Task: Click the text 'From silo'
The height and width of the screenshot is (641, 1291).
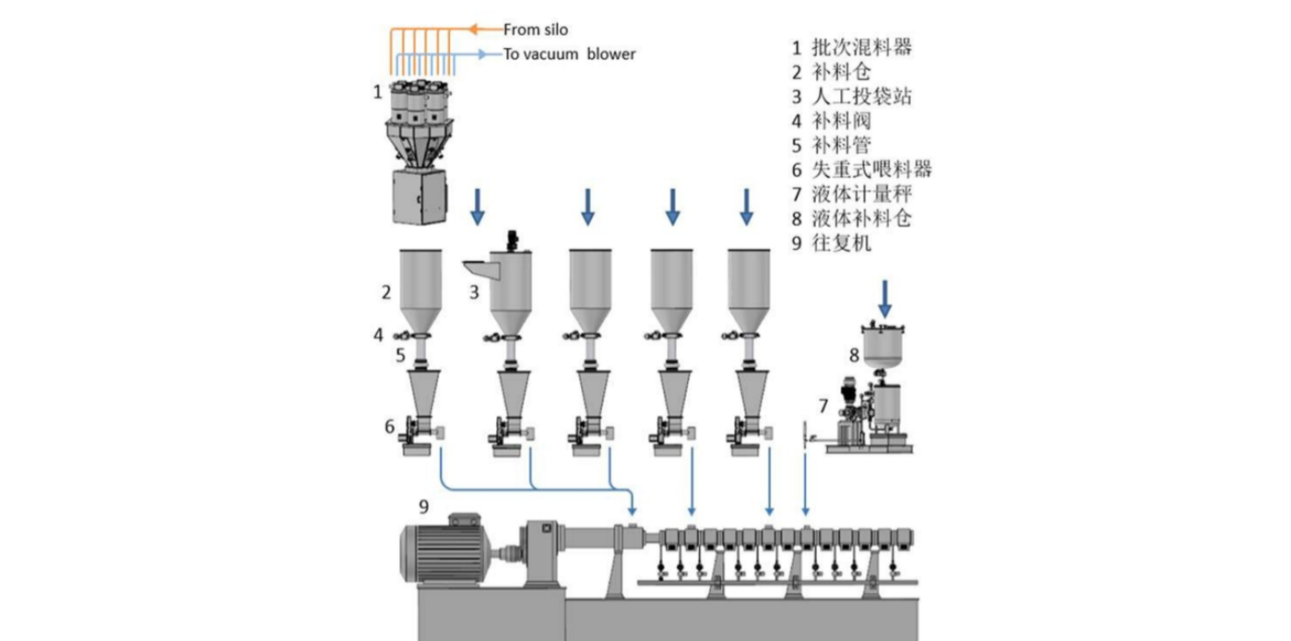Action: (535, 30)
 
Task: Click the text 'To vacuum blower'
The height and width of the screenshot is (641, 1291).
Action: (569, 54)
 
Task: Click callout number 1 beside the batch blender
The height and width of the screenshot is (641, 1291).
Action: (377, 91)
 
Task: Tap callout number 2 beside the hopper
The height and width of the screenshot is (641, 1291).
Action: (387, 292)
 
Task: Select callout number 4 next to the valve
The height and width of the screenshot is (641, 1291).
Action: (378, 336)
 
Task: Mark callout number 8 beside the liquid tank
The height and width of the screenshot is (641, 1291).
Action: (854, 354)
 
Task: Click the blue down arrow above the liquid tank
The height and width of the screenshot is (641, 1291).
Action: (884, 299)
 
